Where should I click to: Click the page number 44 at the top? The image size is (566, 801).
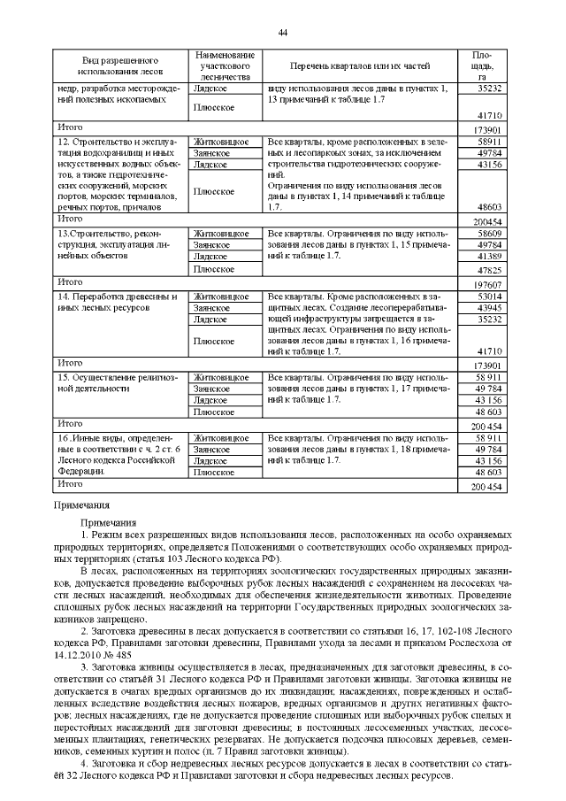(x=283, y=33)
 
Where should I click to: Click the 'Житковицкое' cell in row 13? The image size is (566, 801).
(x=226, y=232)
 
